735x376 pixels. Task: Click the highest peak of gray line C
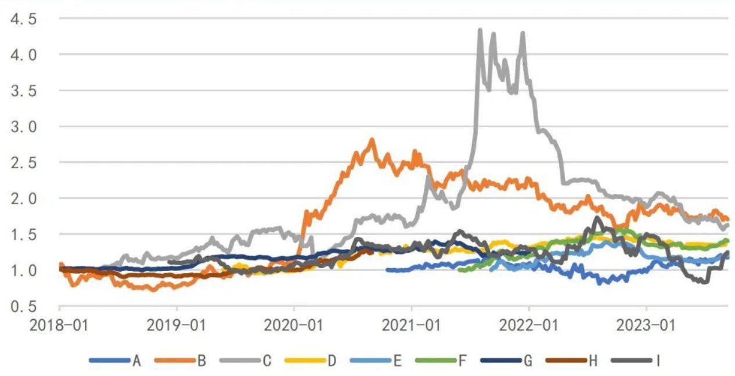(480, 30)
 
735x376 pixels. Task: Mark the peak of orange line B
(372, 140)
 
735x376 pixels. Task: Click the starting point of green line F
(460, 270)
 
